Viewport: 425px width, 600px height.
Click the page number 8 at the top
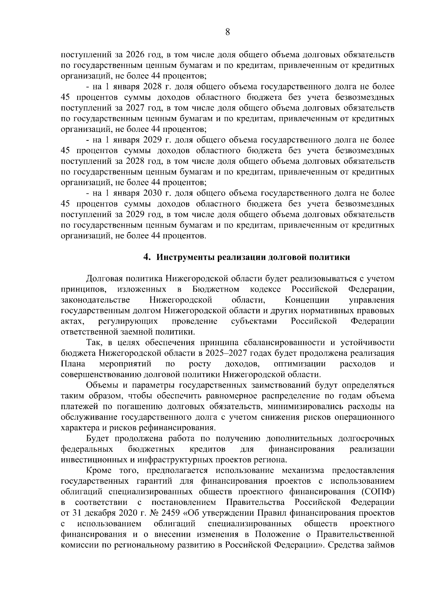228,32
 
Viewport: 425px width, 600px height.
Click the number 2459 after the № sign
171,513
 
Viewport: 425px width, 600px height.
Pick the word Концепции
307,300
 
